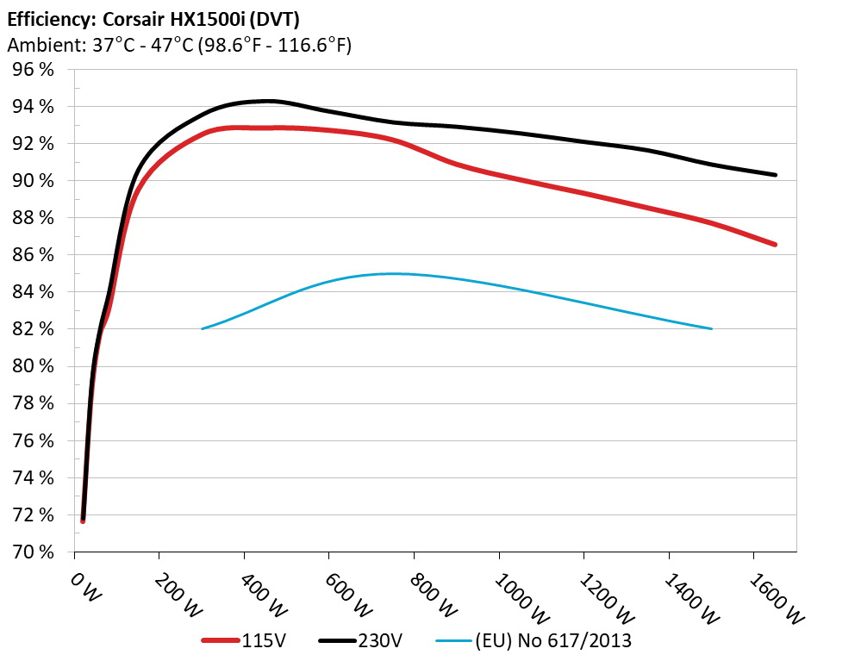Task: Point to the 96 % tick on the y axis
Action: [x=34, y=70]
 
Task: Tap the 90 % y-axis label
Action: [x=34, y=181]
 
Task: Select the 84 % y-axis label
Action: [x=34, y=292]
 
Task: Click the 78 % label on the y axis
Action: [x=34, y=403]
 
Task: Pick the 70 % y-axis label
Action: [x=34, y=552]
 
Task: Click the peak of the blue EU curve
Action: [x=392, y=273]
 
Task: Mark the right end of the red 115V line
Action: [x=775, y=245]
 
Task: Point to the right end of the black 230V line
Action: [x=775, y=175]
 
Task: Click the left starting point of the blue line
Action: [x=203, y=328]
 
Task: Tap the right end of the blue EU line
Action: [x=711, y=328]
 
